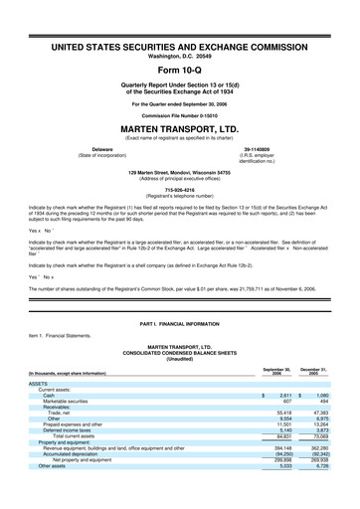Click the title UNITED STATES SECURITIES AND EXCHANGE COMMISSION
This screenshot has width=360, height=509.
179,47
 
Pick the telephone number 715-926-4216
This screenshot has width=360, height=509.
179,187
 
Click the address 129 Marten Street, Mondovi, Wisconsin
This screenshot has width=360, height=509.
179,171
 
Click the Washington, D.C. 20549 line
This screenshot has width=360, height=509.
179,56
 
